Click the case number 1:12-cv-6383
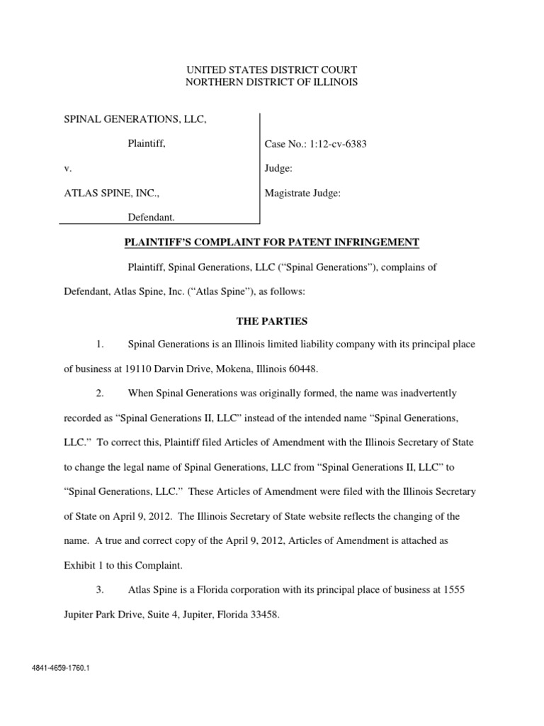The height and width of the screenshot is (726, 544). coord(315,145)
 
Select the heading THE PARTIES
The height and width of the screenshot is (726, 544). coord(272,321)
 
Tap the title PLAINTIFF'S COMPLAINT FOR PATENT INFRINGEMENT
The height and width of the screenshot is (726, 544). coord(272,243)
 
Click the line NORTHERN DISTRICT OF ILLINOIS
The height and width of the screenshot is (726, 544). coord(272,82)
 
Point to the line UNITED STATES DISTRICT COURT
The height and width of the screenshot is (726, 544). coord(272,69)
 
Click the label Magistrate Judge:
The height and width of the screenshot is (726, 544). coord(302,192)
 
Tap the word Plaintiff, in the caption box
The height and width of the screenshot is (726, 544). coord(147,144)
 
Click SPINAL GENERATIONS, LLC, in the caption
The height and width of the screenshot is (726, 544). coord(136,120)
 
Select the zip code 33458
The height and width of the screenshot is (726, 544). coord(263,615)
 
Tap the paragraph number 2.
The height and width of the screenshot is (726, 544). coord(101,393)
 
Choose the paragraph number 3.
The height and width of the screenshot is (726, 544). coord(101,591)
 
